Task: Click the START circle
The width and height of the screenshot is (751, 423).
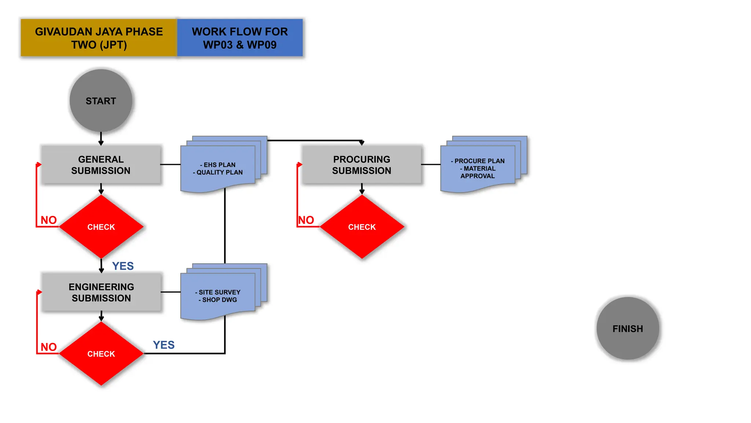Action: (101, 101)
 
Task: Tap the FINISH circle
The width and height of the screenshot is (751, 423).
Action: (627, 328)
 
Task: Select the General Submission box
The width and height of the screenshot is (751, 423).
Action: (101, 164)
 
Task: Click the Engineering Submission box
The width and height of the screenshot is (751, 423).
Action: (101, 292)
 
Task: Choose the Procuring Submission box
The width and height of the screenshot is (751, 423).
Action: (362, 164)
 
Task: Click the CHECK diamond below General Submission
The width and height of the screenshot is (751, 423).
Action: (101, 227)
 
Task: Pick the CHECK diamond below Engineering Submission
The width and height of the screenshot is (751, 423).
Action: (101, 354)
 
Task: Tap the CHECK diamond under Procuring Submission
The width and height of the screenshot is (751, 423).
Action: (362, 227)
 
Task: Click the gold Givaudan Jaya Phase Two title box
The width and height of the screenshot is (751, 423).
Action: (99, 38)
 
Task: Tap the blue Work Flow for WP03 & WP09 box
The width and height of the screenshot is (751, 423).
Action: (240, 38)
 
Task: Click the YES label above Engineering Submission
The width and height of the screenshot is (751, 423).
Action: (123, 266)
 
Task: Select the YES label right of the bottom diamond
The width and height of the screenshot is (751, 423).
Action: (164, 345)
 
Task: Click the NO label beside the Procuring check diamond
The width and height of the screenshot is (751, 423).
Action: (306, 220)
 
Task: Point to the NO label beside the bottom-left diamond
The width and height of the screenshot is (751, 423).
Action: (48, 347)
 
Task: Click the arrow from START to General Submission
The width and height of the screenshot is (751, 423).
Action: (101, 139)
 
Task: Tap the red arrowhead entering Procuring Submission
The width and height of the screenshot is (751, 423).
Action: (300, 164)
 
